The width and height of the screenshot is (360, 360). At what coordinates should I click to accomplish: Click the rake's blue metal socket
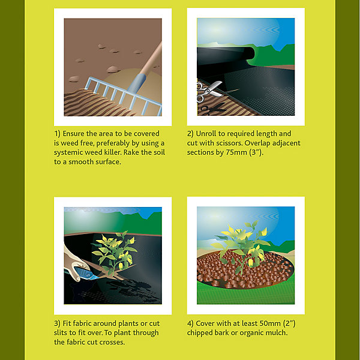click(137, 83)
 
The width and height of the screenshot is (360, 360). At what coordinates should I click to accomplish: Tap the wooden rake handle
click(151, 59)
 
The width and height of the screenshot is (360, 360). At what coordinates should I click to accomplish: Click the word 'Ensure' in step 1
click(73, 134)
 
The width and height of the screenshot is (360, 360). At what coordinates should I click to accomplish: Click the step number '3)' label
click(57, 323)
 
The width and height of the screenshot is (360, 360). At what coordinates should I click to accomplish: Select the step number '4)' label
click(190, 323)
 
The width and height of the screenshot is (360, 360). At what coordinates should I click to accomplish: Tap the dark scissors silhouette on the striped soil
click(212, 109)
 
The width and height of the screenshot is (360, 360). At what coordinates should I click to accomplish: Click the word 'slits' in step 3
click(61, 332)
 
